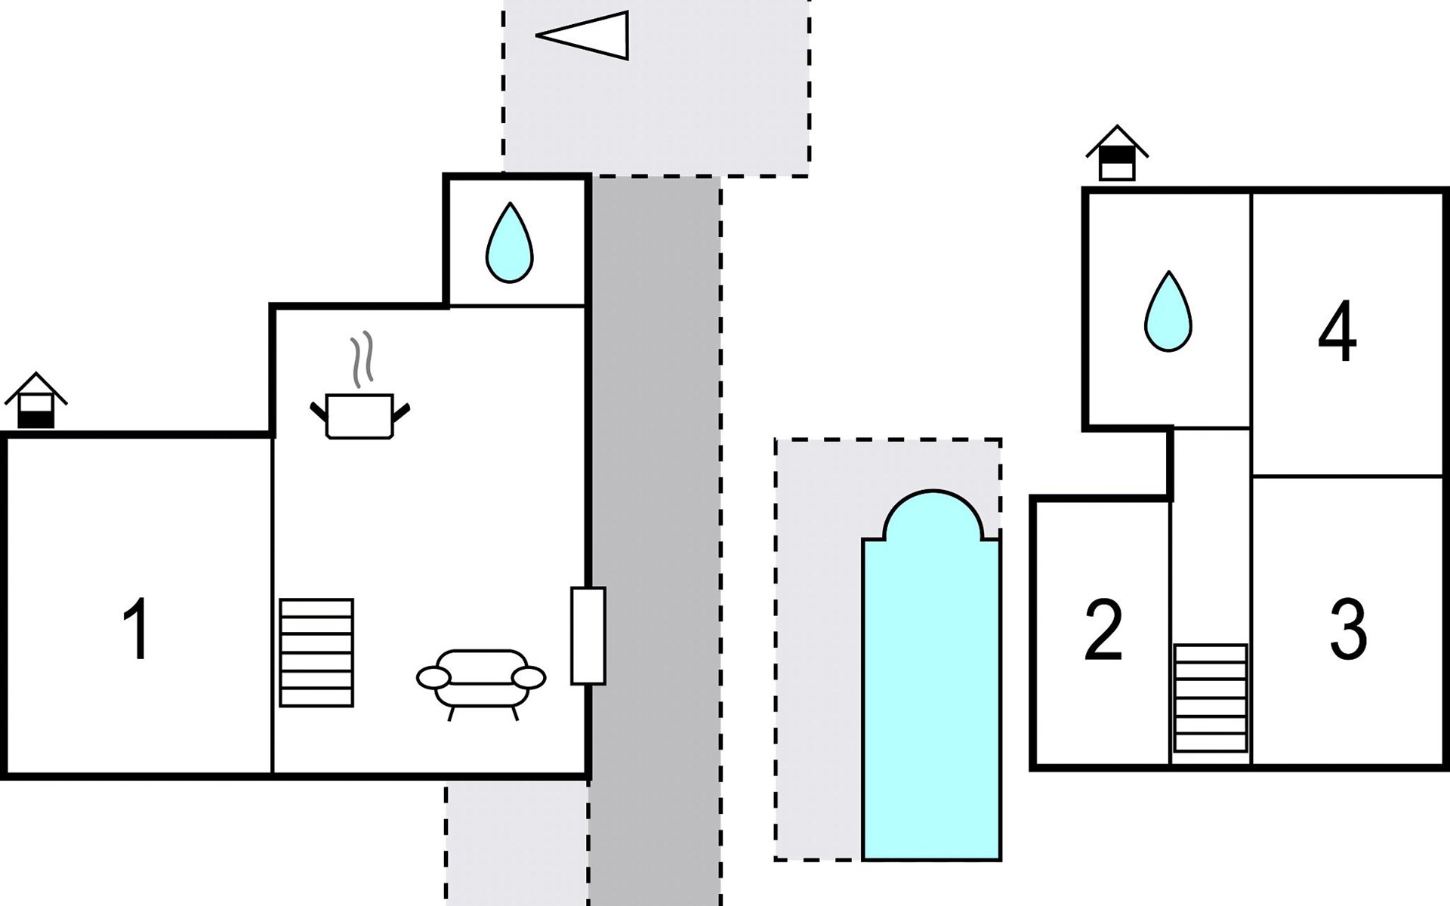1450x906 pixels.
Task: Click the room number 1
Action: pyautogui.click(x=136, y=629)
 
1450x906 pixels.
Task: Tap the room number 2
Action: pyautogui.click(x=1103, y=631)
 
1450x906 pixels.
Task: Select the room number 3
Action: pyautogui.click(x=1348, y=629)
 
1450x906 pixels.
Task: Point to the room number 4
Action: pyautogui.click(x=1337, y=332)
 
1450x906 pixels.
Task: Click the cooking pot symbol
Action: pyautogui.click(x=359, y=416)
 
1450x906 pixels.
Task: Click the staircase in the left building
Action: pyautogui.click(x=316, y=653)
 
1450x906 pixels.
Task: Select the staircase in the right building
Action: pyautogui.click(x=1211, y=698)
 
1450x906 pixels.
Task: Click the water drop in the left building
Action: pyautogui.click(x=510, y=245)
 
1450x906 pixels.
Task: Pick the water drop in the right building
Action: pyautogui.click(x=1168, y=313)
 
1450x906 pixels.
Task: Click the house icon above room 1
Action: pyautogui.click(x=35, y=400)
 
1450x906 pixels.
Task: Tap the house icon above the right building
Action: pyautogui.click(x=1117, y=153)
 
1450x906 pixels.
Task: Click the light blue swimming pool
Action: pyautogui.click(x=932, y=695)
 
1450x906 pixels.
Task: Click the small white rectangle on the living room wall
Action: pyautogui.click(x=588, y=636)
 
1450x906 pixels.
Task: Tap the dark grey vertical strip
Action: pyautogui.click(x=655, y=528)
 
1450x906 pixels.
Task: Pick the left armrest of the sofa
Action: pyautogui.click(x=433, y=678)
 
